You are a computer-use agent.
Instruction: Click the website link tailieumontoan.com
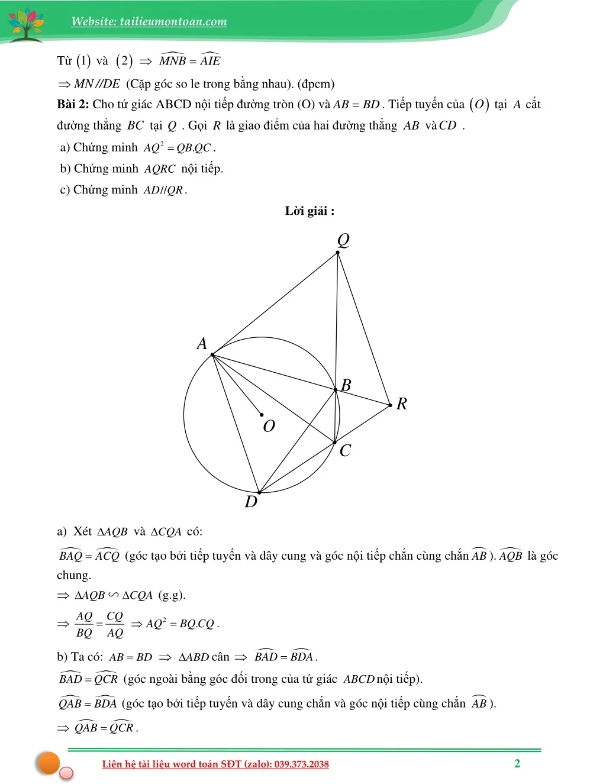(x=149, y=22)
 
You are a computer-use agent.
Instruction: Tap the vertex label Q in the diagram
(x=343, y=240)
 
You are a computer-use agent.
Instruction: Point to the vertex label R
(x=402, y=404)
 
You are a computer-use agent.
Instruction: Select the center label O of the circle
(x=269, y=426)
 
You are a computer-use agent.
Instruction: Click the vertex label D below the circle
(x=251, y=502)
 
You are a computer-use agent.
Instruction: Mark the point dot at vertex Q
(x=338, y=253)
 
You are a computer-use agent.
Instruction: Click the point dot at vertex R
(x=391, y=405)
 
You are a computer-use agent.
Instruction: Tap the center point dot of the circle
(x=262, y=415)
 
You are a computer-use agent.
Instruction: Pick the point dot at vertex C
(x=335, y=442)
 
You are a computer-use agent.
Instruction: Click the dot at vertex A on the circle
(x=212, y=355)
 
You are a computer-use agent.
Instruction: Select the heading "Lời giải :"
(x=310, y=211)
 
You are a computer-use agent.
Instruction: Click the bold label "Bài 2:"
(x=73, y=105)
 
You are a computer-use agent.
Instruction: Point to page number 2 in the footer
(x=517, y=763)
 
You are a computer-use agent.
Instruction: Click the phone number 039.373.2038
(x=301, y=764)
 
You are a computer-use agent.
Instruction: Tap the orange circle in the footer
(x=49, y=763)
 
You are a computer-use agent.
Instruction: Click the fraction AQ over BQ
(x=85, y=624)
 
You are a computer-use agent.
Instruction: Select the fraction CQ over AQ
(x=115, y=624)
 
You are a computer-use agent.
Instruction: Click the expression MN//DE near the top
(x=97, y=84)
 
